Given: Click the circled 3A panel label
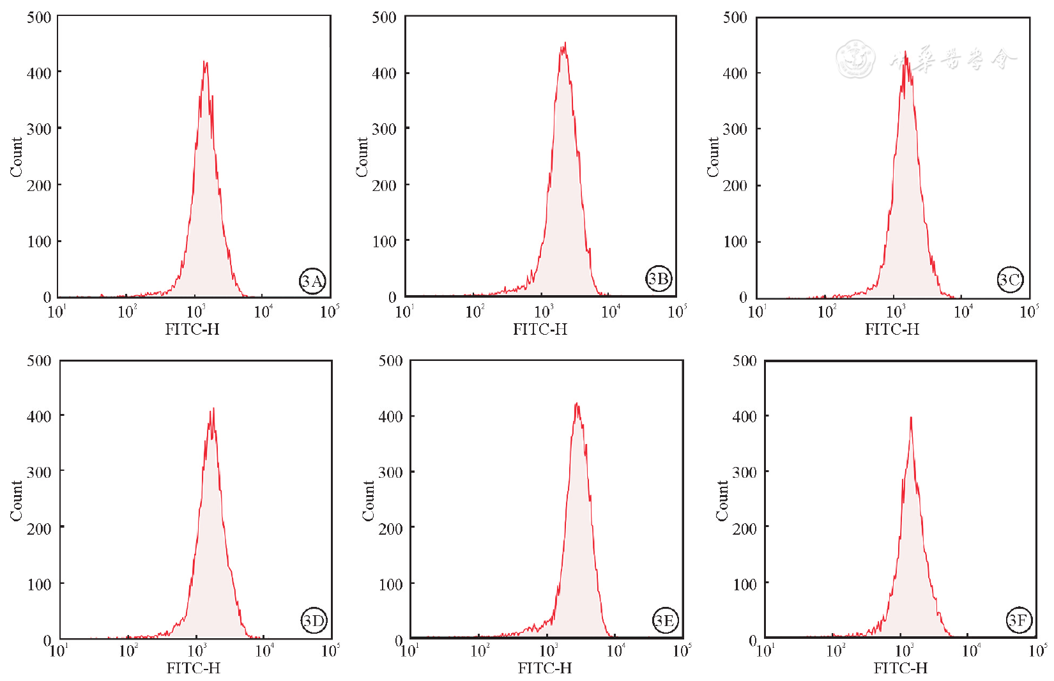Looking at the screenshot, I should coord(312,281).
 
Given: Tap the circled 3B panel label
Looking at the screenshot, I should coord(659,279).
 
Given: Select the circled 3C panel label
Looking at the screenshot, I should coord(1010,280).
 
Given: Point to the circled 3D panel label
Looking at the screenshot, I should coord(314,620).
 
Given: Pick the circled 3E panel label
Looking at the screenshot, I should coord(665,620).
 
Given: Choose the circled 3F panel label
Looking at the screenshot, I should coord(1019,620).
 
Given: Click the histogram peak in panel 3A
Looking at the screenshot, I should coord(204,63).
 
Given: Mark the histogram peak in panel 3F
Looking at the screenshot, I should coord(910,418).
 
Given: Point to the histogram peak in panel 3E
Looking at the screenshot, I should coord(576,404).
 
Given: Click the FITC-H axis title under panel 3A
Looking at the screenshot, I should coord(192,330).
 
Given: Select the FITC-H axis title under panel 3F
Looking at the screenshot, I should coord(900,668).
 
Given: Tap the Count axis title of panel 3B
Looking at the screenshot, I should coord(362,157).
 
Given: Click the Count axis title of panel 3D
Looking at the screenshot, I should coord(16,501).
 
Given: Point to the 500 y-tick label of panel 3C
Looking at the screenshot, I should coord(735,17).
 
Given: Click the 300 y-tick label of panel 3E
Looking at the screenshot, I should coord(390,472).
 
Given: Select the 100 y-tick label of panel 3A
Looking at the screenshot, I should coord(39,241).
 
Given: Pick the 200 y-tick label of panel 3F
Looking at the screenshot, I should coord(744,528).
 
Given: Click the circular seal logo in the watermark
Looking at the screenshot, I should coord(855,59).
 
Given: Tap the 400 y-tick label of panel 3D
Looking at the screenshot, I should coord(39,417).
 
